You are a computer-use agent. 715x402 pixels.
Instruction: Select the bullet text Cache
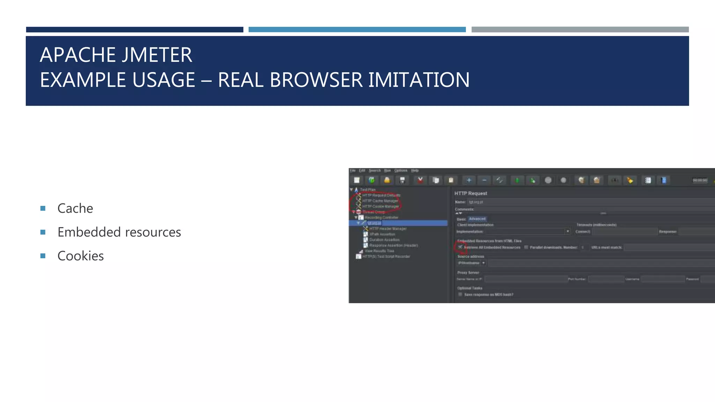(75, 208)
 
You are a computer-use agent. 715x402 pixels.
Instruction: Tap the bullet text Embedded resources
(119, 232)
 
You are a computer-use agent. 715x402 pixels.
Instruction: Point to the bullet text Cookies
(80, 256)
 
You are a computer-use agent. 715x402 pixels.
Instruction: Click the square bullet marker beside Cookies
(43, 256)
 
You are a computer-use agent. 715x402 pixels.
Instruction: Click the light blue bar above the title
(357, 30)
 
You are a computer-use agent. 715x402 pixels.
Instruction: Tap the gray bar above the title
(580, 30)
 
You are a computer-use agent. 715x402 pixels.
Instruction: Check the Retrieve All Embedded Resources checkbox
(460, 247)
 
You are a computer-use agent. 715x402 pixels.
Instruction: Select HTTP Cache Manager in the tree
(380, 201)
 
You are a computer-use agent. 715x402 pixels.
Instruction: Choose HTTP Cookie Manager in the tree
(380, 207)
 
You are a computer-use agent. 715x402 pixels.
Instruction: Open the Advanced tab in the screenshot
(477, 219)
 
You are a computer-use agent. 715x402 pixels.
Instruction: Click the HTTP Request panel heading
(471, 193)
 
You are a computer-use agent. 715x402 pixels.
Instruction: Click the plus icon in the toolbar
(469, 180)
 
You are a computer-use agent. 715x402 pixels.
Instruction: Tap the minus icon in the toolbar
(484, 180)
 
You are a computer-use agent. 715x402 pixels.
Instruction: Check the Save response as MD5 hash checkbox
(460, 295)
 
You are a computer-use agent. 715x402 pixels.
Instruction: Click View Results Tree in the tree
(379, 251)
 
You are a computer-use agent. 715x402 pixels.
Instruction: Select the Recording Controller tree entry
(381, 217)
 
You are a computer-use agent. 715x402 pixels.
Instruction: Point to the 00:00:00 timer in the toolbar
(700, 180)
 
